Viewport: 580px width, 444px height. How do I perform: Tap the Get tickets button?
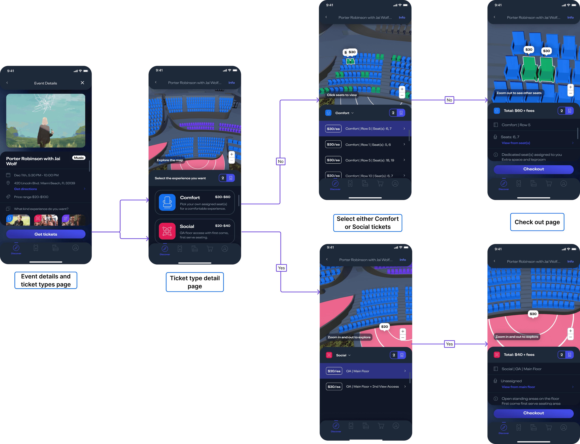click(x=46, y=234)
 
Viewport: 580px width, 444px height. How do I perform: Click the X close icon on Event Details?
click(x=82, y=83)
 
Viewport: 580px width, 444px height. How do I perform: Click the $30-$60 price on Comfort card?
click(x=223, y=197)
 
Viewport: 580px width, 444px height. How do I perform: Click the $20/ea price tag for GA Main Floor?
click(x=334, y=371)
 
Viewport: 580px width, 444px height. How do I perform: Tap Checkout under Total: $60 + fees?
click(x=533, y=169)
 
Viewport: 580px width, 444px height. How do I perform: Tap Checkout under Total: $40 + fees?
click(x=533, y=413)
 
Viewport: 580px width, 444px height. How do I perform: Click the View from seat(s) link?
click(x=516, y=143)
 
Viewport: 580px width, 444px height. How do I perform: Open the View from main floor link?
click(x=518, y=387)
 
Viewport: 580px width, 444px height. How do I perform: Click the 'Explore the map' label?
click(x=170, y=160)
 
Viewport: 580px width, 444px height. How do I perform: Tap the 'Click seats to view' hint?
click(x=342, y=95)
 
